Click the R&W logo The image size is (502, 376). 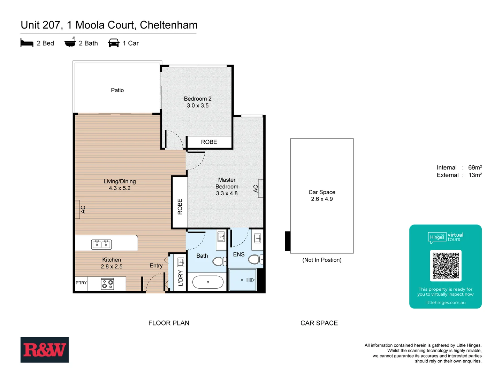coord(45,350)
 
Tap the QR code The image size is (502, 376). coord(446,266)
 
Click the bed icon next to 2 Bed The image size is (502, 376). coord(27,43)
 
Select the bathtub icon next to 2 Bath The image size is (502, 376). coord(70,42)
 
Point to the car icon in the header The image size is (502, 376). coord(114,43)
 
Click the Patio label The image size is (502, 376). coord(117,90)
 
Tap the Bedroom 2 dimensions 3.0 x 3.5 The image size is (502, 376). coord(198,105)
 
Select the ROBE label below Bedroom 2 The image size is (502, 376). coord(209,142)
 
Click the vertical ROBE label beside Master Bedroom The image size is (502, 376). coord(180,206)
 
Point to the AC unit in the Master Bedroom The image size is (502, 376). coord(260,189)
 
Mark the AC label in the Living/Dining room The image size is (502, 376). coord(83,210)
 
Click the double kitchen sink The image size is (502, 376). coord(101,244)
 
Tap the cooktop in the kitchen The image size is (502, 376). coord(107,284)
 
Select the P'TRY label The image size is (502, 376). coord(81,283)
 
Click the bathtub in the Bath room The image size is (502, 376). coord(208,282)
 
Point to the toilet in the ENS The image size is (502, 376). coord(255,259)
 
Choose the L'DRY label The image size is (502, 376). coord(180,278)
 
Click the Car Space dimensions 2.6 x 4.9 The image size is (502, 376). coord(322,199)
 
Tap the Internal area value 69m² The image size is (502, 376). coord(475,167)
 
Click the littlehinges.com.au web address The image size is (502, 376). coord(445,303)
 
